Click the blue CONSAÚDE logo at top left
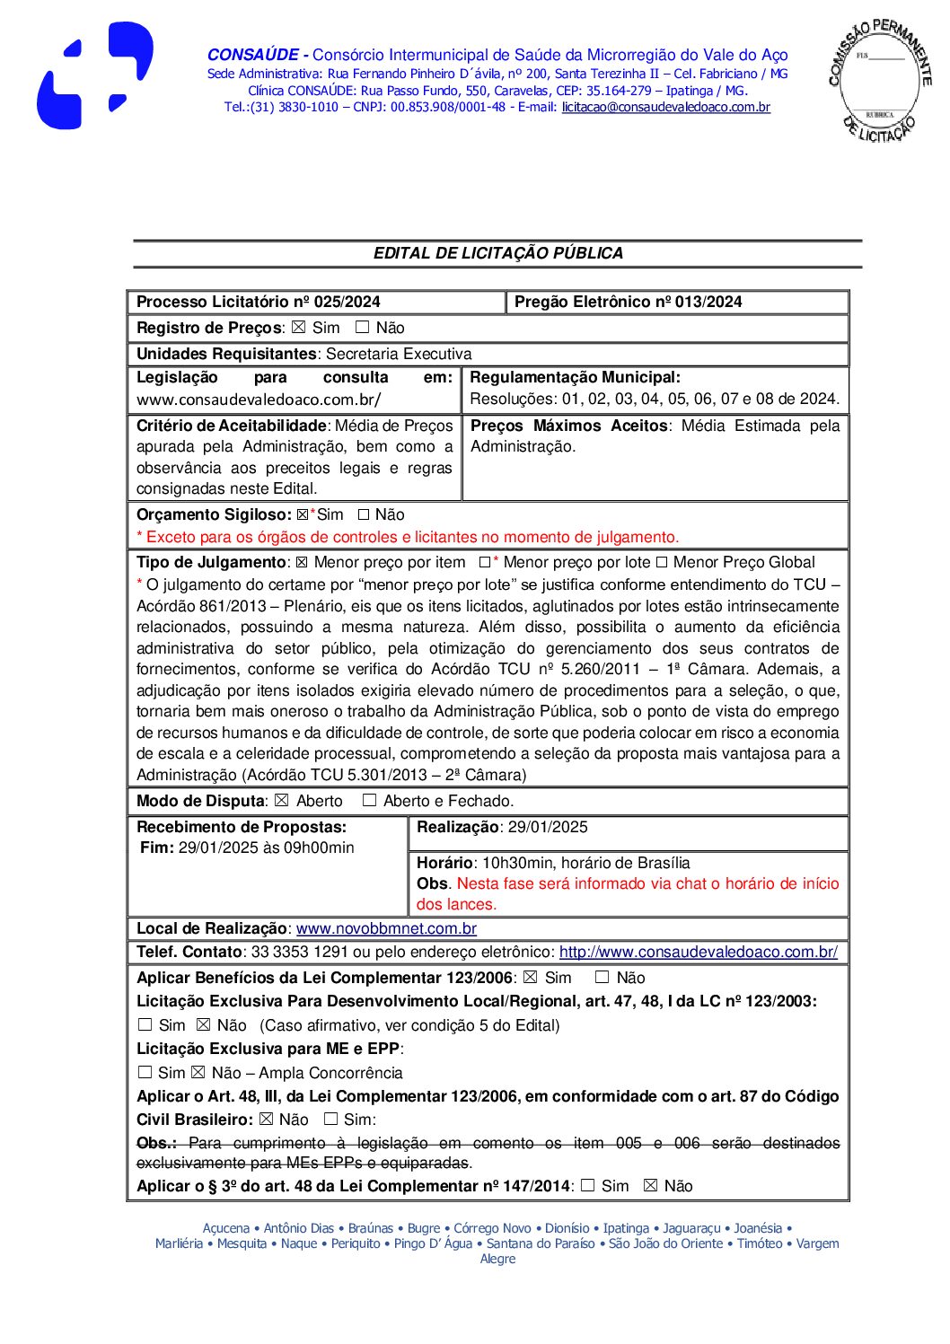tap(94, 76)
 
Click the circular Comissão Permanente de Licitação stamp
tap(879, 81)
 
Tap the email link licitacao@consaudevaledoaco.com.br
tap(665, 107)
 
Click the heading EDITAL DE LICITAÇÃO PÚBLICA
tap(497, 253)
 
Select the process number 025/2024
tap(347, 302)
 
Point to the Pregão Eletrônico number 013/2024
tap(708, 302)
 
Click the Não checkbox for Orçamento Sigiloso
tap(364, 514)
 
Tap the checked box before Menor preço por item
tap(302, 562)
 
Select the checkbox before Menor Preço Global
tap(661, 562)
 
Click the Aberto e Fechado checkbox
tap(369, 800)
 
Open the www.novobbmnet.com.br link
tap(386, 928)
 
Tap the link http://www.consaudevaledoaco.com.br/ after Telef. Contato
tap(698, 952)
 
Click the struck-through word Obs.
tap(156, 1143)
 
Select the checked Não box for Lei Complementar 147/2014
tap(651, 1186)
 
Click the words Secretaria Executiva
tap(398, 354)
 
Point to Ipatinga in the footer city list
tap(626, 1228)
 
